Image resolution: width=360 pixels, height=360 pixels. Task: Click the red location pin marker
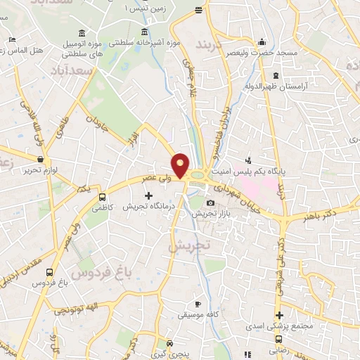point(181,165)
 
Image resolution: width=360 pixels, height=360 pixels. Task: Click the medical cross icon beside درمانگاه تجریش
point(148,194)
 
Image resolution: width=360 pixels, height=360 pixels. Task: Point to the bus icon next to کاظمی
point(103,198)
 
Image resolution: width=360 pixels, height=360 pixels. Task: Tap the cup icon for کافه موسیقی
point(198,304)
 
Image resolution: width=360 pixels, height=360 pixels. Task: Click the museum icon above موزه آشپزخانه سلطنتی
point(144,32)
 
